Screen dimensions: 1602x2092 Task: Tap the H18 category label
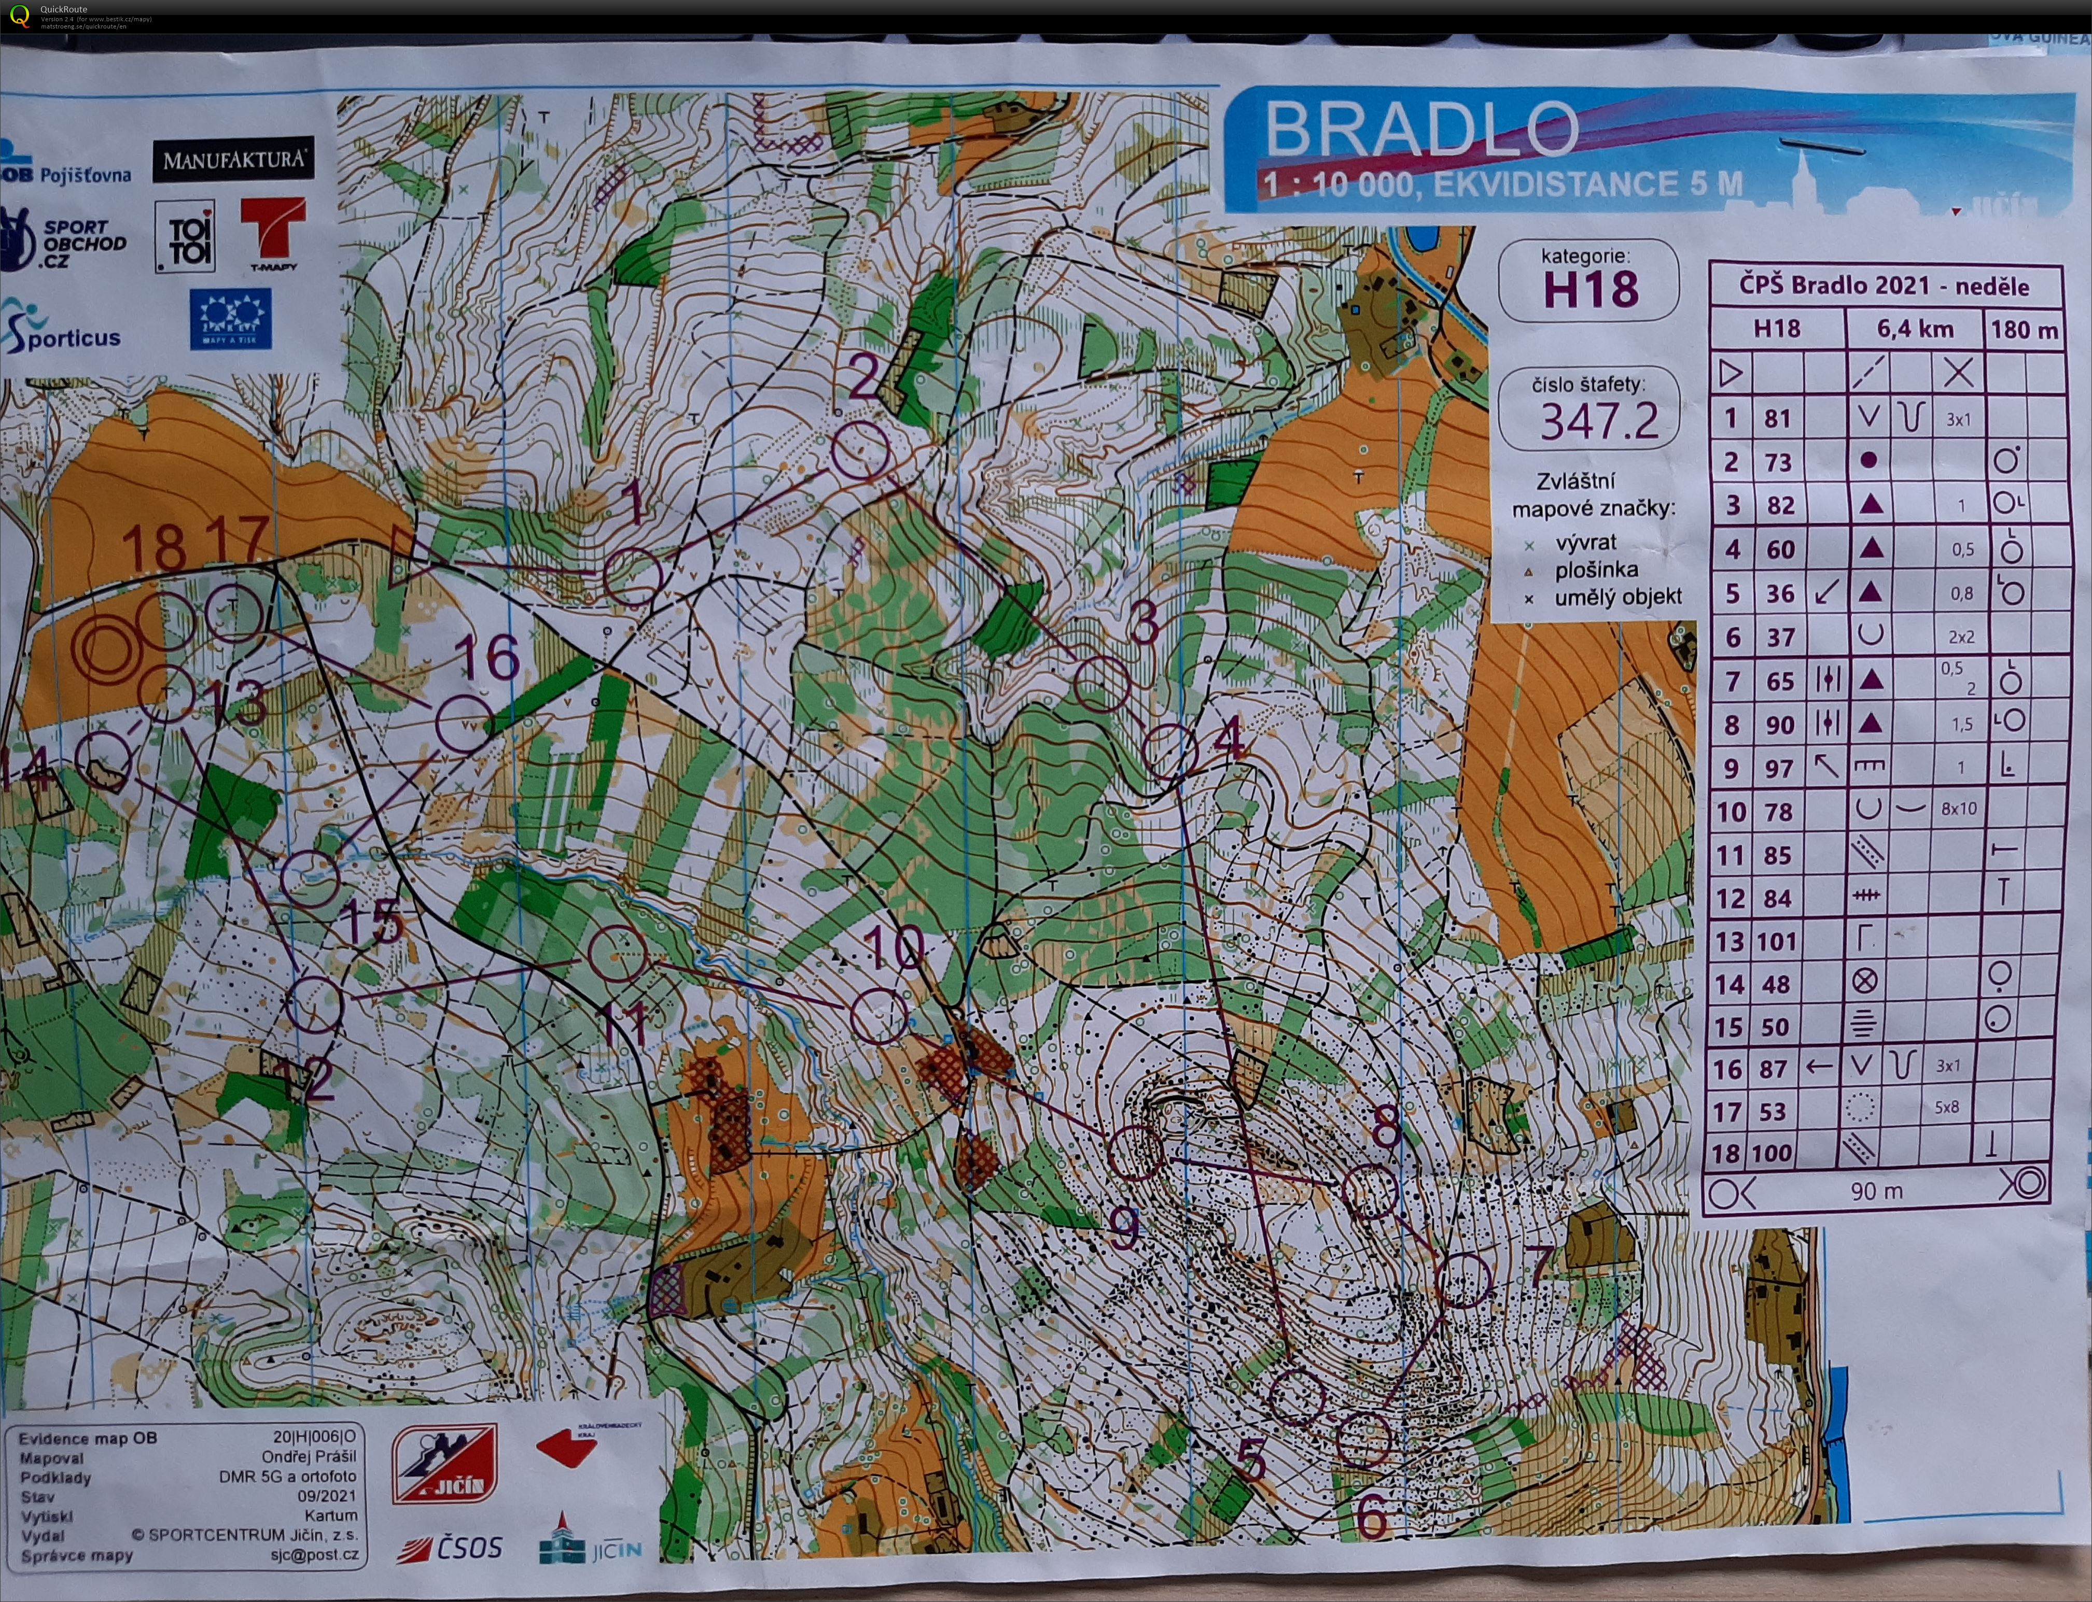click(1590, 289)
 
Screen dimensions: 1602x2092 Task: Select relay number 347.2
click(1600, 420)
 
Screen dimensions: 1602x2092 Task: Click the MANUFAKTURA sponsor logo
click(234, 159)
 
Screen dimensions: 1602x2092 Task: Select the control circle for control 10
click(877, 1015)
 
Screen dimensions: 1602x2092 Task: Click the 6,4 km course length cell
click(1915, 329)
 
